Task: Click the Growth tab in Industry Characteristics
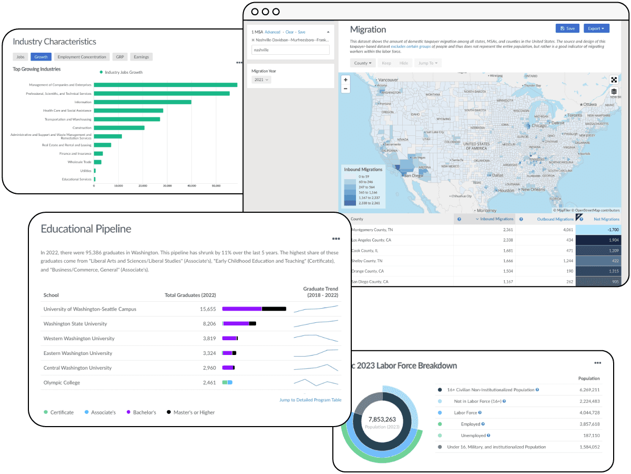(41, 57)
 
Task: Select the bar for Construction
(119, 128)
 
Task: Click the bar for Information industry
(143, 102)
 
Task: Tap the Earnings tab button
(141, 57)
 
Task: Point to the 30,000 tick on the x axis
(167, 185)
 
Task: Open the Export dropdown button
(596, 28)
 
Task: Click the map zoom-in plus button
(345, 80)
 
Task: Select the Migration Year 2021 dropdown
(261, 80)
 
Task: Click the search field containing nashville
(290, 50)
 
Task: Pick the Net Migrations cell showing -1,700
(598, 230)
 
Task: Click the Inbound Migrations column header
(496, 219)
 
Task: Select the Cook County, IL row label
(365, 250)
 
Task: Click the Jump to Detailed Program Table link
(310, 400)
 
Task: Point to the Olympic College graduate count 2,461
(209, 382)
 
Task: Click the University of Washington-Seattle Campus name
(90, 309)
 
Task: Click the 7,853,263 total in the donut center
(383, 419)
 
